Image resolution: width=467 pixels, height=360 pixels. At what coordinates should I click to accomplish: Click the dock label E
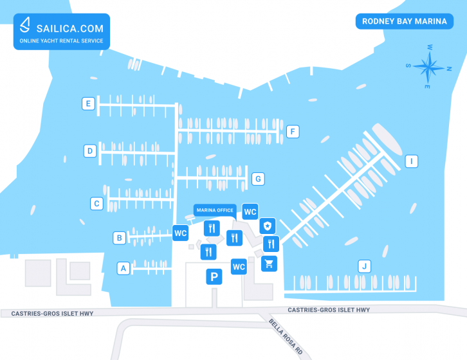click(x=88, y=104)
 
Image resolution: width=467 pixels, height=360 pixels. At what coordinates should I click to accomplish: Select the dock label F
click(x=293, y=131)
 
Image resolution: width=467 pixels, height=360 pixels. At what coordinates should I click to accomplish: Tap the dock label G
click(x=258, y=179)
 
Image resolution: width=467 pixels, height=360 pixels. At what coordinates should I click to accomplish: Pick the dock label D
click(x=90, y=151)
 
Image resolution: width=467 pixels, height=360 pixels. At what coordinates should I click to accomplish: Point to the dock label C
click(x=96, y=204)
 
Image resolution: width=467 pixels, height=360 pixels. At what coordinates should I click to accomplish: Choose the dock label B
click(x=120, y=238)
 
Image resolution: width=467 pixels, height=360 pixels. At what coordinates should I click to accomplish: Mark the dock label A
click(x=124, y=268)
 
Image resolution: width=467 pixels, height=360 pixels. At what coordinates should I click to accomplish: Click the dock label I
click(x=412, y=161)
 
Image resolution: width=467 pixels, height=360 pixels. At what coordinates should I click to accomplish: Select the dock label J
click(x=364, y=266)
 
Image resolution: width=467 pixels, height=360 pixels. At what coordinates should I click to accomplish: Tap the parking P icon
click(x=214, y=276)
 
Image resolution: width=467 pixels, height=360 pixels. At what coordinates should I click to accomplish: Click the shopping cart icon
click(x=270, y=264)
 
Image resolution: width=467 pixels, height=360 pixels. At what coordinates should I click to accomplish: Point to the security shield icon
click(x=268, y=226)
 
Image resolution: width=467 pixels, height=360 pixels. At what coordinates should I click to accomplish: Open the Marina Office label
click(x=215, y=210)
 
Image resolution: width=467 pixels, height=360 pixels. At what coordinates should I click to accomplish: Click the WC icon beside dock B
click(x=181, y=233)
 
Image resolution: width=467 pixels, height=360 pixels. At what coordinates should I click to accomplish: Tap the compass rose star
click(x=428, y=67)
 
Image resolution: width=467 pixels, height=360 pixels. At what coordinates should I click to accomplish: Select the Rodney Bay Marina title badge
click(x=405, y=21)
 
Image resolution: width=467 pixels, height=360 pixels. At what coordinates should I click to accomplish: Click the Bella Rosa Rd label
click(x=286, y=336)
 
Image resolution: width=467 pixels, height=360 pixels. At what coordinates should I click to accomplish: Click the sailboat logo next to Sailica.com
click(x=25, y=24)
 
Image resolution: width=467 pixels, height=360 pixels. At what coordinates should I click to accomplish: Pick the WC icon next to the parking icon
click(x=239, y=267)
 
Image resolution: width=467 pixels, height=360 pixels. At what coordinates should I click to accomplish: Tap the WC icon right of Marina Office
click(x=250, y=212)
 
